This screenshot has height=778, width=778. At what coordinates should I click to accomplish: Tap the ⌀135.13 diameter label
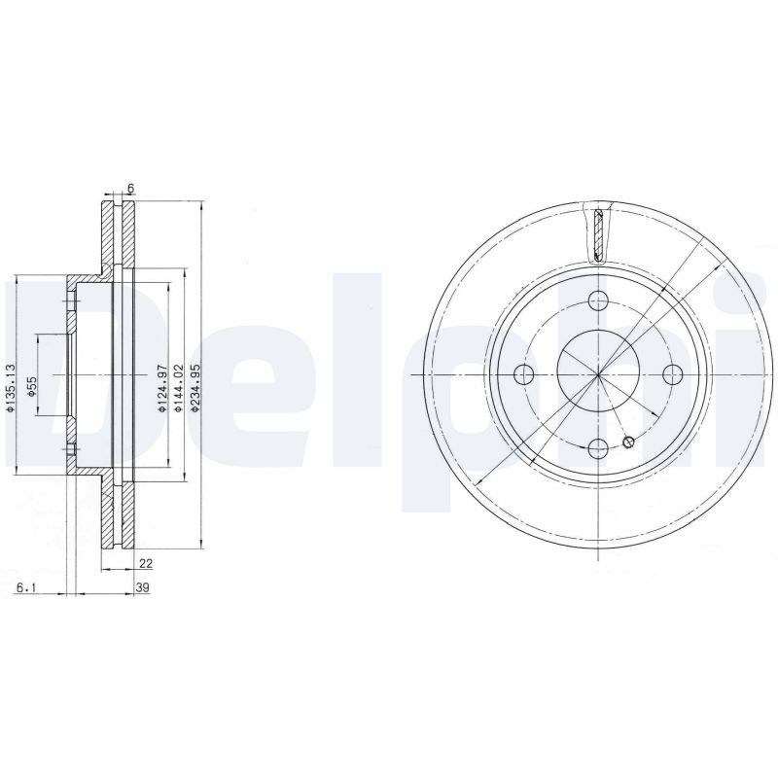[9, 388]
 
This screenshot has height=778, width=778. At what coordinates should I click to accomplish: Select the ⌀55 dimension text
[31, 386]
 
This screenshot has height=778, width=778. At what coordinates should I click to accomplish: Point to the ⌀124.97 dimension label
[162, 389]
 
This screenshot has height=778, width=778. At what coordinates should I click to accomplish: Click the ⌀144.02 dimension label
[178, 389]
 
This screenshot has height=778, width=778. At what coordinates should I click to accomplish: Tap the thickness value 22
[145, 563]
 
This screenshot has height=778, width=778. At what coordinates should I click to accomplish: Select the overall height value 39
[142, 587]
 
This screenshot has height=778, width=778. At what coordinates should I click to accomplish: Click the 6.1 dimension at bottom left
[26, 587]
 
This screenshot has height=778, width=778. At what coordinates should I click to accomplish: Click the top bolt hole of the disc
[599, 301]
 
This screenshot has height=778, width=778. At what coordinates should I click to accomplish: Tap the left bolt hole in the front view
[525, 374]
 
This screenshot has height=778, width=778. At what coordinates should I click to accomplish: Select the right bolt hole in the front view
[672, 374]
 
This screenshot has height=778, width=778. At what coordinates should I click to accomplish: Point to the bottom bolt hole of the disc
[599, 447]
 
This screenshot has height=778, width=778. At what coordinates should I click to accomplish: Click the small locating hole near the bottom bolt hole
[628, 443]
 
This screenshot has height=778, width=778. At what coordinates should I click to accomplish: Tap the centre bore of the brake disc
[599, 374]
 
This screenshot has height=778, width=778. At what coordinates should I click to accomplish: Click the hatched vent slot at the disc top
[599, 234]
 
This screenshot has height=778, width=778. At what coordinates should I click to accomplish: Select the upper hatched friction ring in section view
[107, 233]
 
